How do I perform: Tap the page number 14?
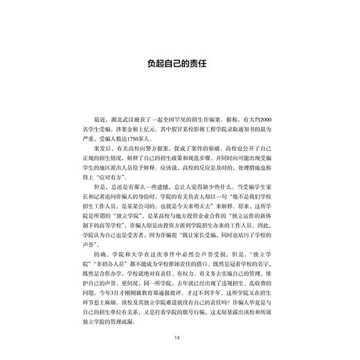click(x=179, y=337)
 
